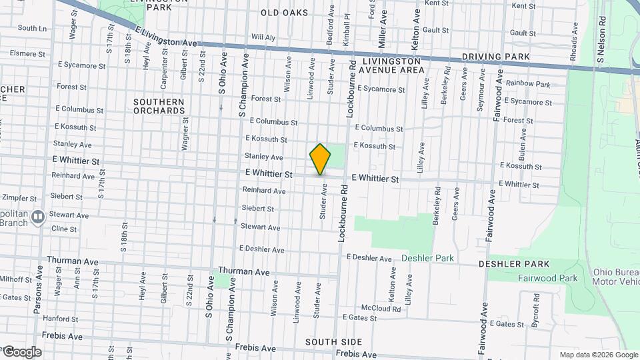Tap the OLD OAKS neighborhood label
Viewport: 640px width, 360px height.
click(x=284, y=13)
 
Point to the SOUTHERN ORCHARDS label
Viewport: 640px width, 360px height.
click(x=159, y=106)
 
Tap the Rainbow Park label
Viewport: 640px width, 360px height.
click(x=528, y=85)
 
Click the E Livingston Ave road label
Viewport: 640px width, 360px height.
click(x=166, y=37)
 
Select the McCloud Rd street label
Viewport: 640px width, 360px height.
click(x=381, y=309)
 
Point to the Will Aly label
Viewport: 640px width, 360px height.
click(x=263, y=37)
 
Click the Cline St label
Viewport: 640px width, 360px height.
click(x=64, y=229)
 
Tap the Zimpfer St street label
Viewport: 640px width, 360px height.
click(x=18, y=197)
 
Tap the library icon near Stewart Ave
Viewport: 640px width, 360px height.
click(x=38, y=216)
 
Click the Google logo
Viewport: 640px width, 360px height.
click(x=22, y=352)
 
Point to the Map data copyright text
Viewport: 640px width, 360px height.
click(x=599, y=355)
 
